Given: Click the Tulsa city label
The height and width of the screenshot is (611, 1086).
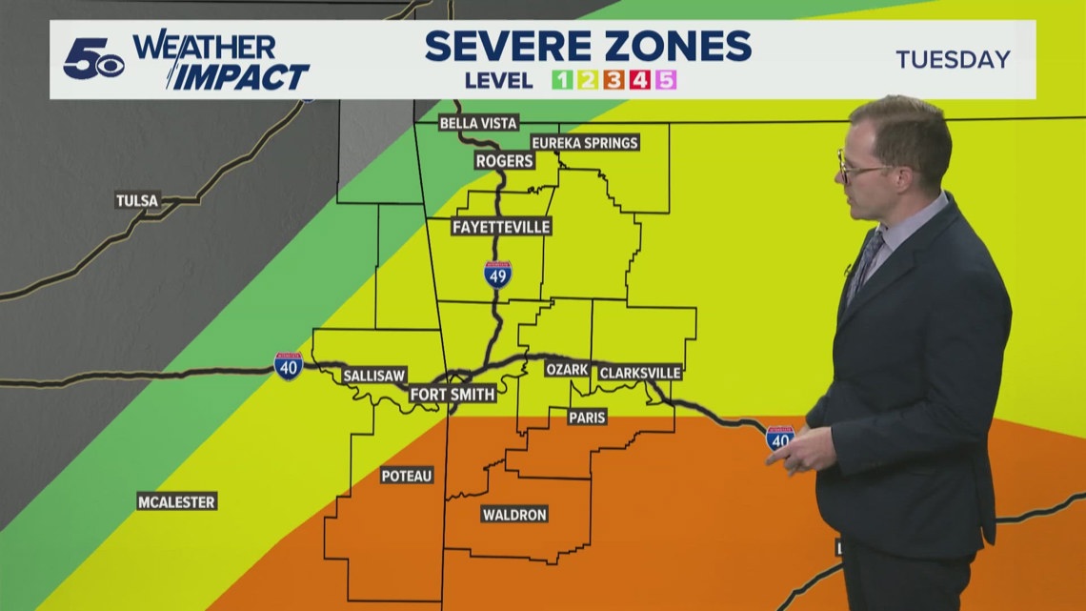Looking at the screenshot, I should (137, 201).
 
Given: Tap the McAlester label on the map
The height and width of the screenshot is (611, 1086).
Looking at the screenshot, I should (176, 501).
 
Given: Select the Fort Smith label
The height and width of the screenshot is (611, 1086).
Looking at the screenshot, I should (452, 395).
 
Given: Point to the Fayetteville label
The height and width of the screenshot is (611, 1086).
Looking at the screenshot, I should (489, 227).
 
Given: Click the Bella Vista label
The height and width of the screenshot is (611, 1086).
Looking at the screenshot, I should (478, 124).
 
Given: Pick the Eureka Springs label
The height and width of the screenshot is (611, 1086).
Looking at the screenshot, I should (584, 143).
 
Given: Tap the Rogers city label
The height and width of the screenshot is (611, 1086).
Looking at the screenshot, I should (504, 161).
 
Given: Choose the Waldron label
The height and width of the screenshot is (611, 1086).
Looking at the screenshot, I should (514, 515).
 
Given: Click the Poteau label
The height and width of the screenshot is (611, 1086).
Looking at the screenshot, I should (407, 476).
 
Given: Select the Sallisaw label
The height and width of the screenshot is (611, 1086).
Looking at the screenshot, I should (374, 376).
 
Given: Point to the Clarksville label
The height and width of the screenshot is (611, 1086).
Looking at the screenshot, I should (639, 372).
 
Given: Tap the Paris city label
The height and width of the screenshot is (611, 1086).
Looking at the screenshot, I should (587, 417).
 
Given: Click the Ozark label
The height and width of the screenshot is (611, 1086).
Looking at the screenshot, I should (567, 370).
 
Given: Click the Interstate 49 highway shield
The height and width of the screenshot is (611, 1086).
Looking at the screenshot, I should (497, 275).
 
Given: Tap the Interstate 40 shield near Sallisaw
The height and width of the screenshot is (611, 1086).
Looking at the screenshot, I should (288, 365).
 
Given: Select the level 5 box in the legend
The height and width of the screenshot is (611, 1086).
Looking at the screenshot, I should (666, 80).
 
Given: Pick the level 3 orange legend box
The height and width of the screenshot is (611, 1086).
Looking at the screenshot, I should (614, 80).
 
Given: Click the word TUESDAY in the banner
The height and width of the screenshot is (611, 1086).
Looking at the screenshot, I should (953, 59).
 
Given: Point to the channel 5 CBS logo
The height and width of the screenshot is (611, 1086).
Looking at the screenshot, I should (93, 60).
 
